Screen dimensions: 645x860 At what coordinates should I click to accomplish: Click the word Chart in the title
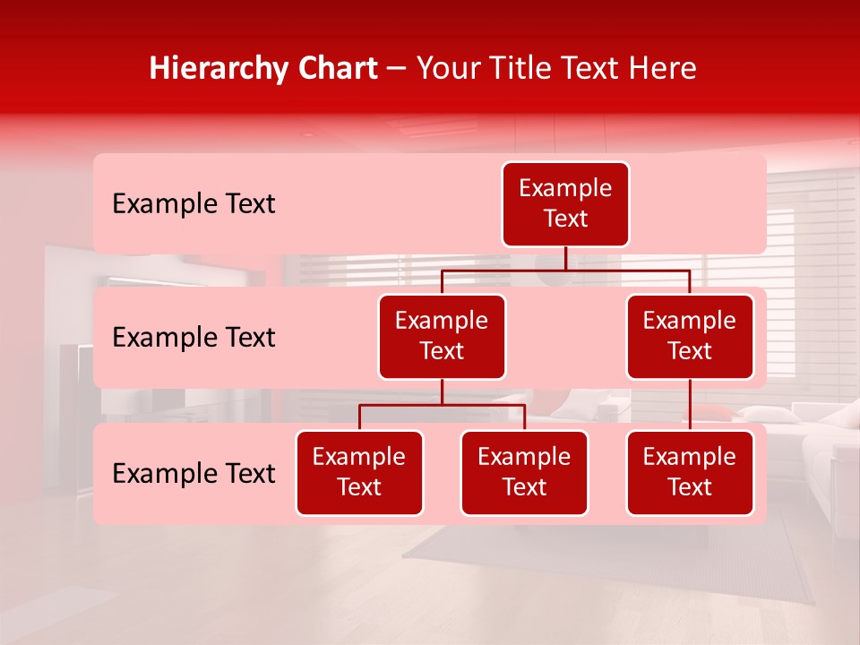(333, 68)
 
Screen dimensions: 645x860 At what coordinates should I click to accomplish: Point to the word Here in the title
(662, 68)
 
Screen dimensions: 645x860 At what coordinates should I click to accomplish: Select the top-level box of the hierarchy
(565, 204)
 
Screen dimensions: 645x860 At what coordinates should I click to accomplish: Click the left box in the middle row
(442, 336)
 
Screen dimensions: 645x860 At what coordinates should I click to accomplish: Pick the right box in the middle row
(690, 336)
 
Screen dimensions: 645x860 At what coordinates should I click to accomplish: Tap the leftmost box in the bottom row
(359, 472)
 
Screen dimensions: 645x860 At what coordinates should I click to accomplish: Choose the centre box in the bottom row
(524, 472)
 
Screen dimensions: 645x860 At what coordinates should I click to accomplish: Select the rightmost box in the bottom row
(690, 472)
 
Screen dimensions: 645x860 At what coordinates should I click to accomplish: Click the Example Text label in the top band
(193, 204)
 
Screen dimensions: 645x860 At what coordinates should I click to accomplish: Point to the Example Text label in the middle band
(193, 338)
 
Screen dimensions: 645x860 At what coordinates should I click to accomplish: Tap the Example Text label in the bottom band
(193, 474)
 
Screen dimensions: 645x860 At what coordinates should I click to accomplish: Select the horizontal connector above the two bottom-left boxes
(442, 405)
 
